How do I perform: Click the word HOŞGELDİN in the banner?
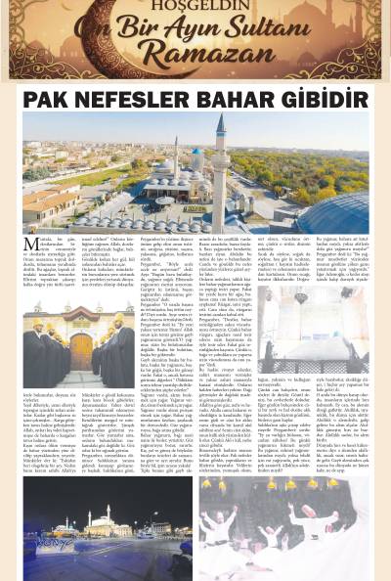195,13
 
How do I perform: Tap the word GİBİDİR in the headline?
328,99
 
